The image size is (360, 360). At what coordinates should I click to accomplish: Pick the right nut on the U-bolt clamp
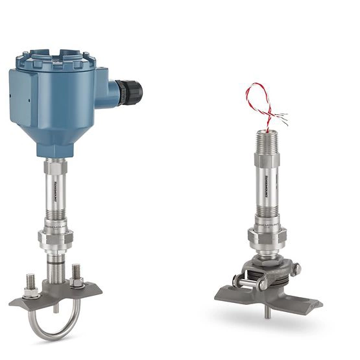click(x=77, y=281)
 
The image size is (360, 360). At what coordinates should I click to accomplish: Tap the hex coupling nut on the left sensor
click(x=55, y=237)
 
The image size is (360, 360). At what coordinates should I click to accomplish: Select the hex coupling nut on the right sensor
click(x=265, y=237)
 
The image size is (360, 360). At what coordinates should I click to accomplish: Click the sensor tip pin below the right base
click(x=268, y=313)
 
